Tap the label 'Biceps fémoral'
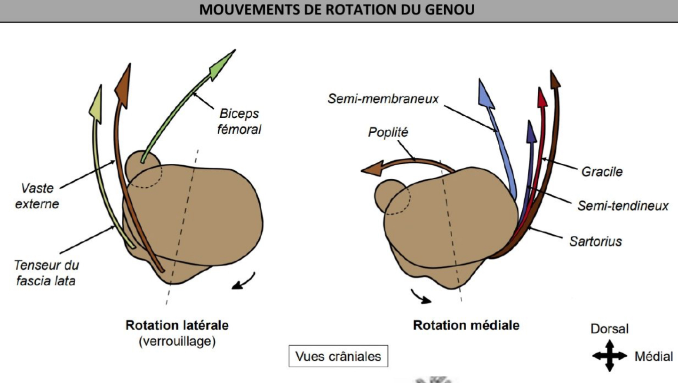(239, 121)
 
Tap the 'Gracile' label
(602, 171)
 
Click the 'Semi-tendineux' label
(622, 206)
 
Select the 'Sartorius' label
(595, 242)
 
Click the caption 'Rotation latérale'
(176, 325)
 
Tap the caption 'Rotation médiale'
(466, 325)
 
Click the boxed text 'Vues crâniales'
(338, 356)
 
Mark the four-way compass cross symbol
(609, 356)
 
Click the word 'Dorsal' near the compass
(609, 329)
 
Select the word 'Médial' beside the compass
(654, 357)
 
